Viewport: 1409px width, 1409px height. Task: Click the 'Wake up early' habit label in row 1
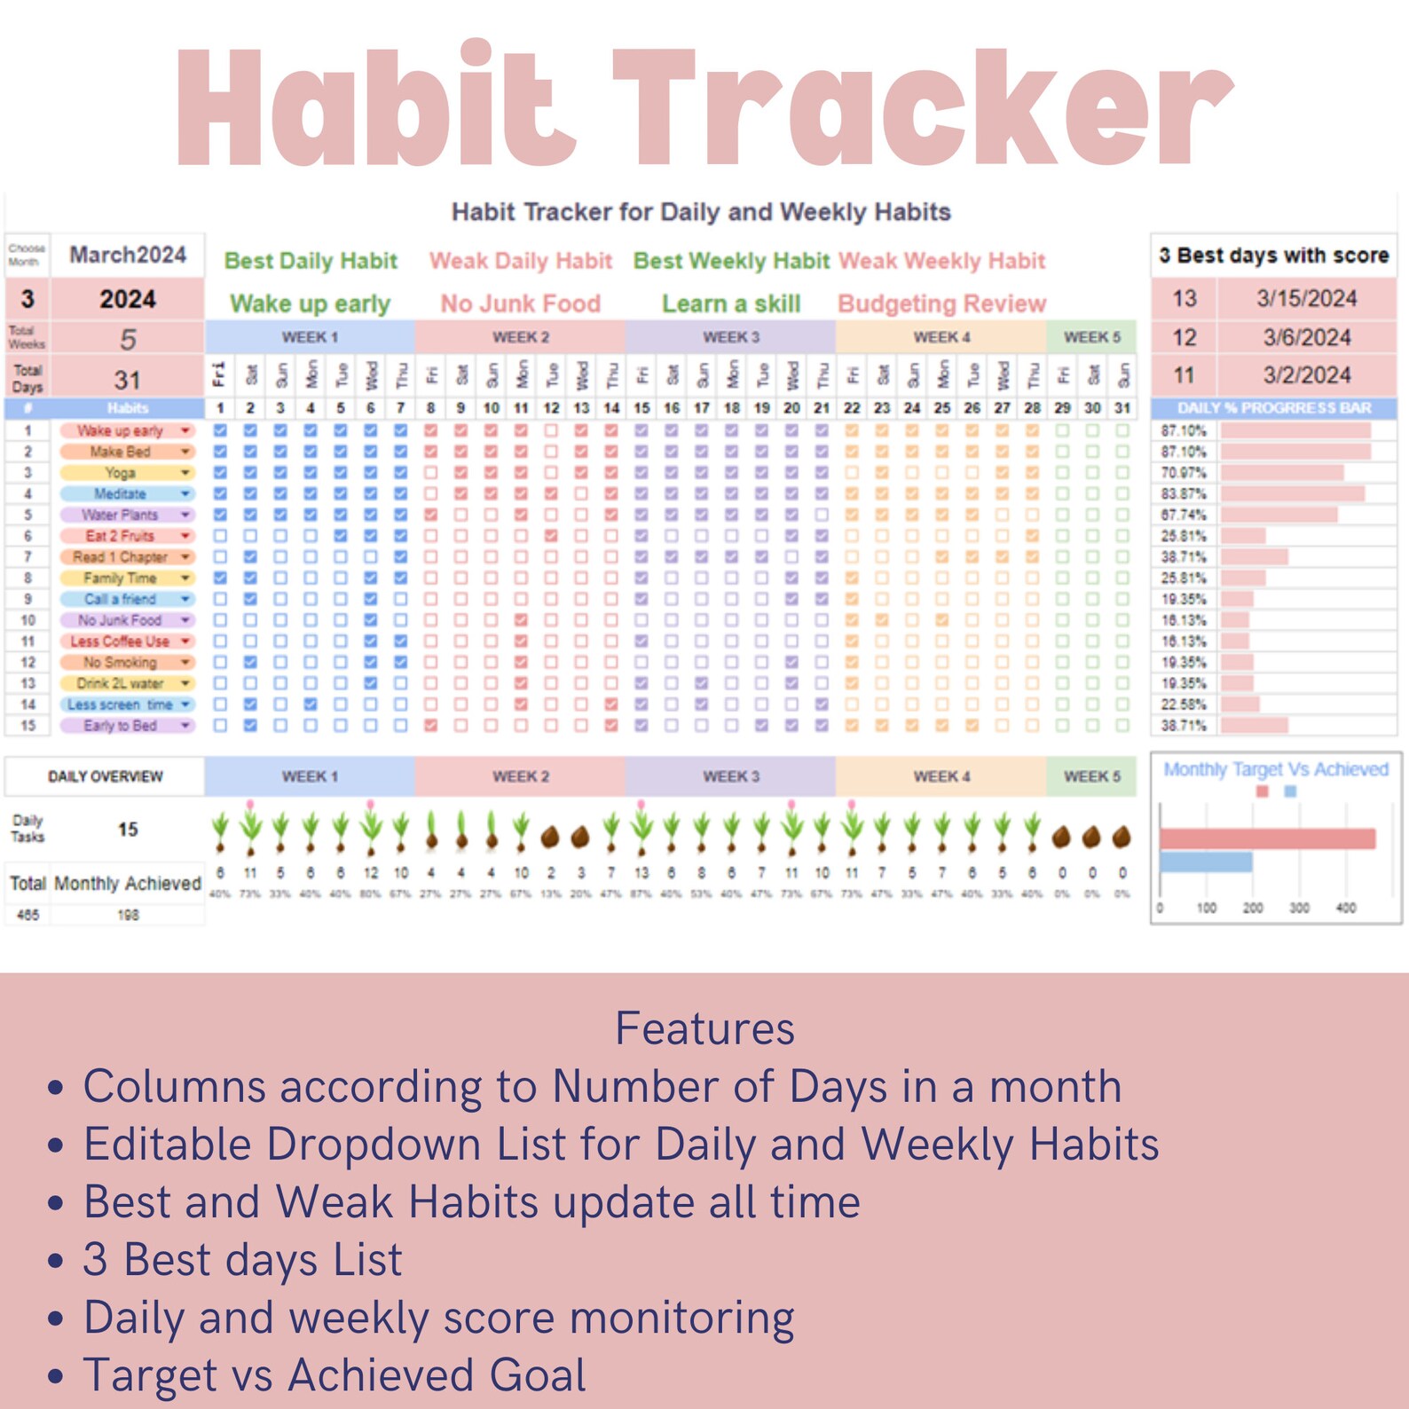pyautogui.click(x=121, y=431)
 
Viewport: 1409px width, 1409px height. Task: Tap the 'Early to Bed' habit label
pyautogui.click(x=121, y=726)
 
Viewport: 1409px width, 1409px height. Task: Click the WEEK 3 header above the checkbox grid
pyautogui.click(x=731, y=337)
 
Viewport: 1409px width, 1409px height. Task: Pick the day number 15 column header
pyautogui.click(x=642, y=408)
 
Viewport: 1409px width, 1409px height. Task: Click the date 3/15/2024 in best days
pyautogui.click(x=1306, y=299)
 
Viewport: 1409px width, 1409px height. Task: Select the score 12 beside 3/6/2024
pyautogui.click(x=1185, y=338)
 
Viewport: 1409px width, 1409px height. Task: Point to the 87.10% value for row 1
pyautogui.click(x=1184, y=431)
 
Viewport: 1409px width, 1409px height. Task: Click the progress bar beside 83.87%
pyautogui.click(x=1292, y=494)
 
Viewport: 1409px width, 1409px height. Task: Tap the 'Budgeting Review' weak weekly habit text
pyautogui.click(x=941, y=304)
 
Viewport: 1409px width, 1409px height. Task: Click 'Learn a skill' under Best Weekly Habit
pyautogui.click(x=731, y=304)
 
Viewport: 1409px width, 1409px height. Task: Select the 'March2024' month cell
pyautogui.click(x=128, y=256)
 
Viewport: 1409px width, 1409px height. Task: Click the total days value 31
pyautogui.click(x=128, y=381)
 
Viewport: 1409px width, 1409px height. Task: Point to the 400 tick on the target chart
pyautogui.click(x=1345, y=909)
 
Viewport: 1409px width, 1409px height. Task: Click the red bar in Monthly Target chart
pyautogui.click(x=1267, y=838)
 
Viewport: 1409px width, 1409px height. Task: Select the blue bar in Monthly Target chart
pyautogui.click(x=1206, y=862)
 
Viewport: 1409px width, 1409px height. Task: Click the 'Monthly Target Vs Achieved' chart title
pyautogui.click(x=1276, y=770)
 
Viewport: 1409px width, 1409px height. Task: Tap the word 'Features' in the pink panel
pyautogui.click(x=704, y=1029)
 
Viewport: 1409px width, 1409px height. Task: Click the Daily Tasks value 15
pyautogui.click(x=128, y=830)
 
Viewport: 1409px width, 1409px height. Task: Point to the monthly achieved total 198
pyautogui.click(x=128, y=915)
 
